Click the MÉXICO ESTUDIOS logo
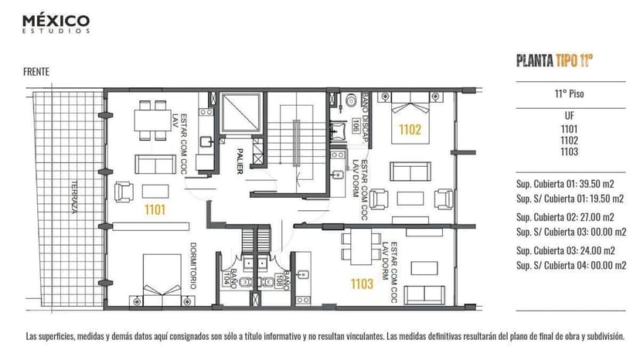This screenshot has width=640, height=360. (56, 22)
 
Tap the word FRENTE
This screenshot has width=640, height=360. (36, 72)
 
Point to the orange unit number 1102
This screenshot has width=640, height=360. (410, 130)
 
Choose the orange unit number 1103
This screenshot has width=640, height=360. (362, 284)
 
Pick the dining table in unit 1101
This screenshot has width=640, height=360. (150, 119)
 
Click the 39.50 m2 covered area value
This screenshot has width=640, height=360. (600, 185)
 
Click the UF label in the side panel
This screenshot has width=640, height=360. (570, 115)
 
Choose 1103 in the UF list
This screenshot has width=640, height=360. (570, 152)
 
